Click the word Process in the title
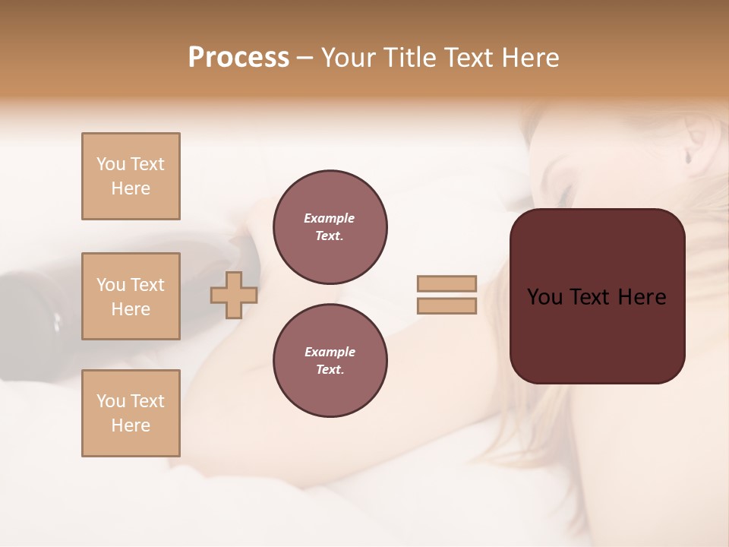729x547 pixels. pos(238,57)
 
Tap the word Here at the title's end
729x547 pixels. pos(530,58)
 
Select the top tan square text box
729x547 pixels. pos(131,176)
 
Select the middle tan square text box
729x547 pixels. pos(131,296)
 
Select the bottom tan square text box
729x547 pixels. pos(131,413)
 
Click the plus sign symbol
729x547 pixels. pos(234,295)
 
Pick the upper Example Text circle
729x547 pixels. pos(330,227)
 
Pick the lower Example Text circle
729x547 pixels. pos(330,361)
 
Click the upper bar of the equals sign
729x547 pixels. pos(447,283)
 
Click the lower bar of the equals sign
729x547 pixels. pos(447,306)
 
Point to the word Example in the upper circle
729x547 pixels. pos(330,218)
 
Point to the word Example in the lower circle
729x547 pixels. pos(330,352)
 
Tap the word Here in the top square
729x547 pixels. pos(131,188)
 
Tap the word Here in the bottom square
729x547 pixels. pos(131,425)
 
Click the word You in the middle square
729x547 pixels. pos(111,285)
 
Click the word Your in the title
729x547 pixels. pos(349,58)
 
